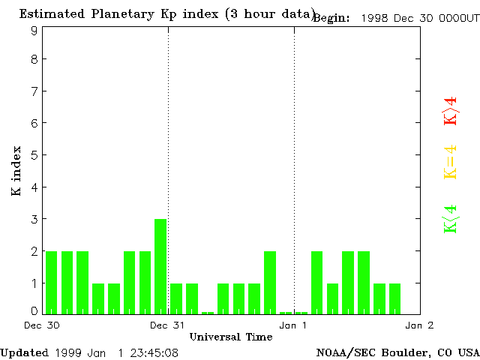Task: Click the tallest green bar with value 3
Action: [x=160, y=266]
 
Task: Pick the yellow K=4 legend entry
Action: [x=450, y=162]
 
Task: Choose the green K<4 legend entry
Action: [x=450, y=219]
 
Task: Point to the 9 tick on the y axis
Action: [x=34, y=31]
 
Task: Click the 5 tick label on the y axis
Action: [x=34, y=155]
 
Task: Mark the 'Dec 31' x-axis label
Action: [x=167, y=325]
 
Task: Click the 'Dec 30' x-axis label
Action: [x=42, y=325]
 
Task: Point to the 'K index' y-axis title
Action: [x=16, y=171]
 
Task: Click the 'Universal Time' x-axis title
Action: [x=230, y=337]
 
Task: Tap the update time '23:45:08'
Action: [x=154, y=352]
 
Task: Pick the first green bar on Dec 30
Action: [x=51, y=282]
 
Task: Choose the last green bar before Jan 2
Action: [x=394, y=298]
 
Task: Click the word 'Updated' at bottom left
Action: [x=24, y=352]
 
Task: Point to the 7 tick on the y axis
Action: [x=34, y=91]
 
